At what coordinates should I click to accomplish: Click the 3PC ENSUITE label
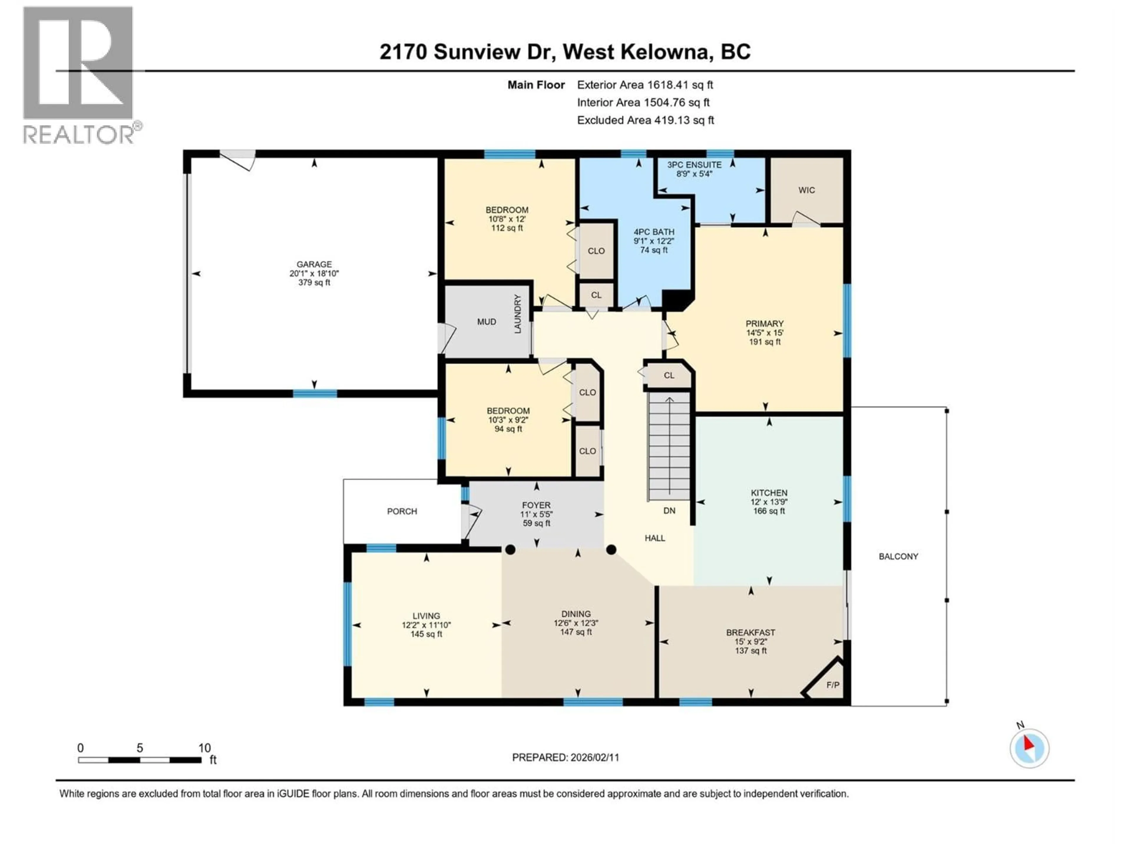tap(694, 165)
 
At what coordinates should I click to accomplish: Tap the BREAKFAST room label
tap(750, 633)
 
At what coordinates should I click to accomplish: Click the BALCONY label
tap(898, 556)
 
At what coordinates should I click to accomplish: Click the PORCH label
tap(402, 511)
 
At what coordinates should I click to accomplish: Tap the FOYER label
tap(536, 505)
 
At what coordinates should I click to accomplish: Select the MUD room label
tap(486, 322)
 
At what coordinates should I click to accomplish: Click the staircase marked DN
tap(669, 450)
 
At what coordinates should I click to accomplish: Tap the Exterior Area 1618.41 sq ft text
tap(645, 85)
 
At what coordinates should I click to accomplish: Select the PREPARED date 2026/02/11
tap(565, 757)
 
